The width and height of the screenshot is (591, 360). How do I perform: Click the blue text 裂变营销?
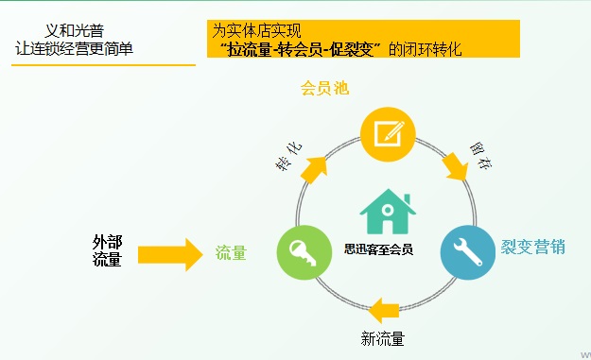tap(533, 248)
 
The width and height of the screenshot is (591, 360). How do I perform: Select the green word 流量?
tap(231, 253)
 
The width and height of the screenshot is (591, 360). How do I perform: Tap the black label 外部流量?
tap(107, 250)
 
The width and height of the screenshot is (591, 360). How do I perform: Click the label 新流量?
tap(383, 338)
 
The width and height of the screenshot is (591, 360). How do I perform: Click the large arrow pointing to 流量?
tap(170, 253)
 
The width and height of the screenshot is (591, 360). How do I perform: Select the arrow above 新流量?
tap(389, 309)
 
